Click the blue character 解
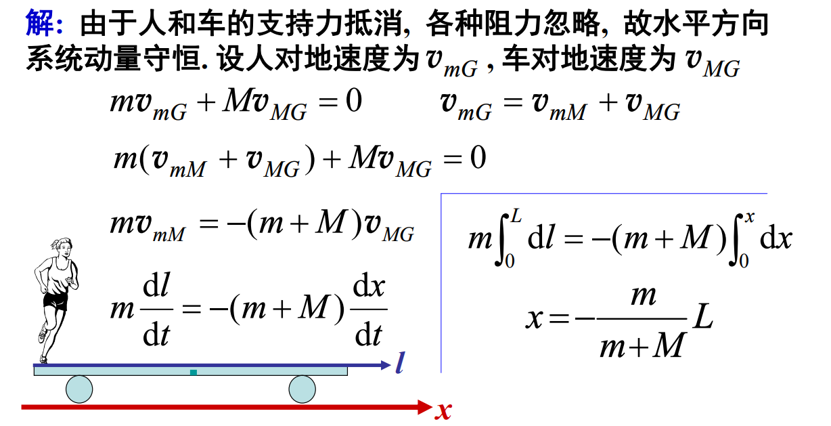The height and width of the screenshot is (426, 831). click(40, 23)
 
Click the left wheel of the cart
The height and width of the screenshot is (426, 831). click(79, 389)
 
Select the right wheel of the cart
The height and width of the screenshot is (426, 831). click(302, 389)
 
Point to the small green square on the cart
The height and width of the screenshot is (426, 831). click(194, 372)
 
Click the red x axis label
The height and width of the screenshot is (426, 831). click(443, 411)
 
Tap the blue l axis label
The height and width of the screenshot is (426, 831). click(400, 362)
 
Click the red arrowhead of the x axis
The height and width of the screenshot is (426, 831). click(425, 408)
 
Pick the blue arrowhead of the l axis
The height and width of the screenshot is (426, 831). click(386, 365)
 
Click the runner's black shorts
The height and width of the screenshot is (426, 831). click(56, 301)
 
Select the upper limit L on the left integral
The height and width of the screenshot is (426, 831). click(516, 215)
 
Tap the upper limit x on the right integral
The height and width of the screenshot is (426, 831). click(750, 217)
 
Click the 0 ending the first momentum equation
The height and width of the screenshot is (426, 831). click(354, 101)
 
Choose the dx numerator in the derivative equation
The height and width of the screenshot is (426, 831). click(369, 286)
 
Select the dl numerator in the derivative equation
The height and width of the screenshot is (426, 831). click(156, 285)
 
